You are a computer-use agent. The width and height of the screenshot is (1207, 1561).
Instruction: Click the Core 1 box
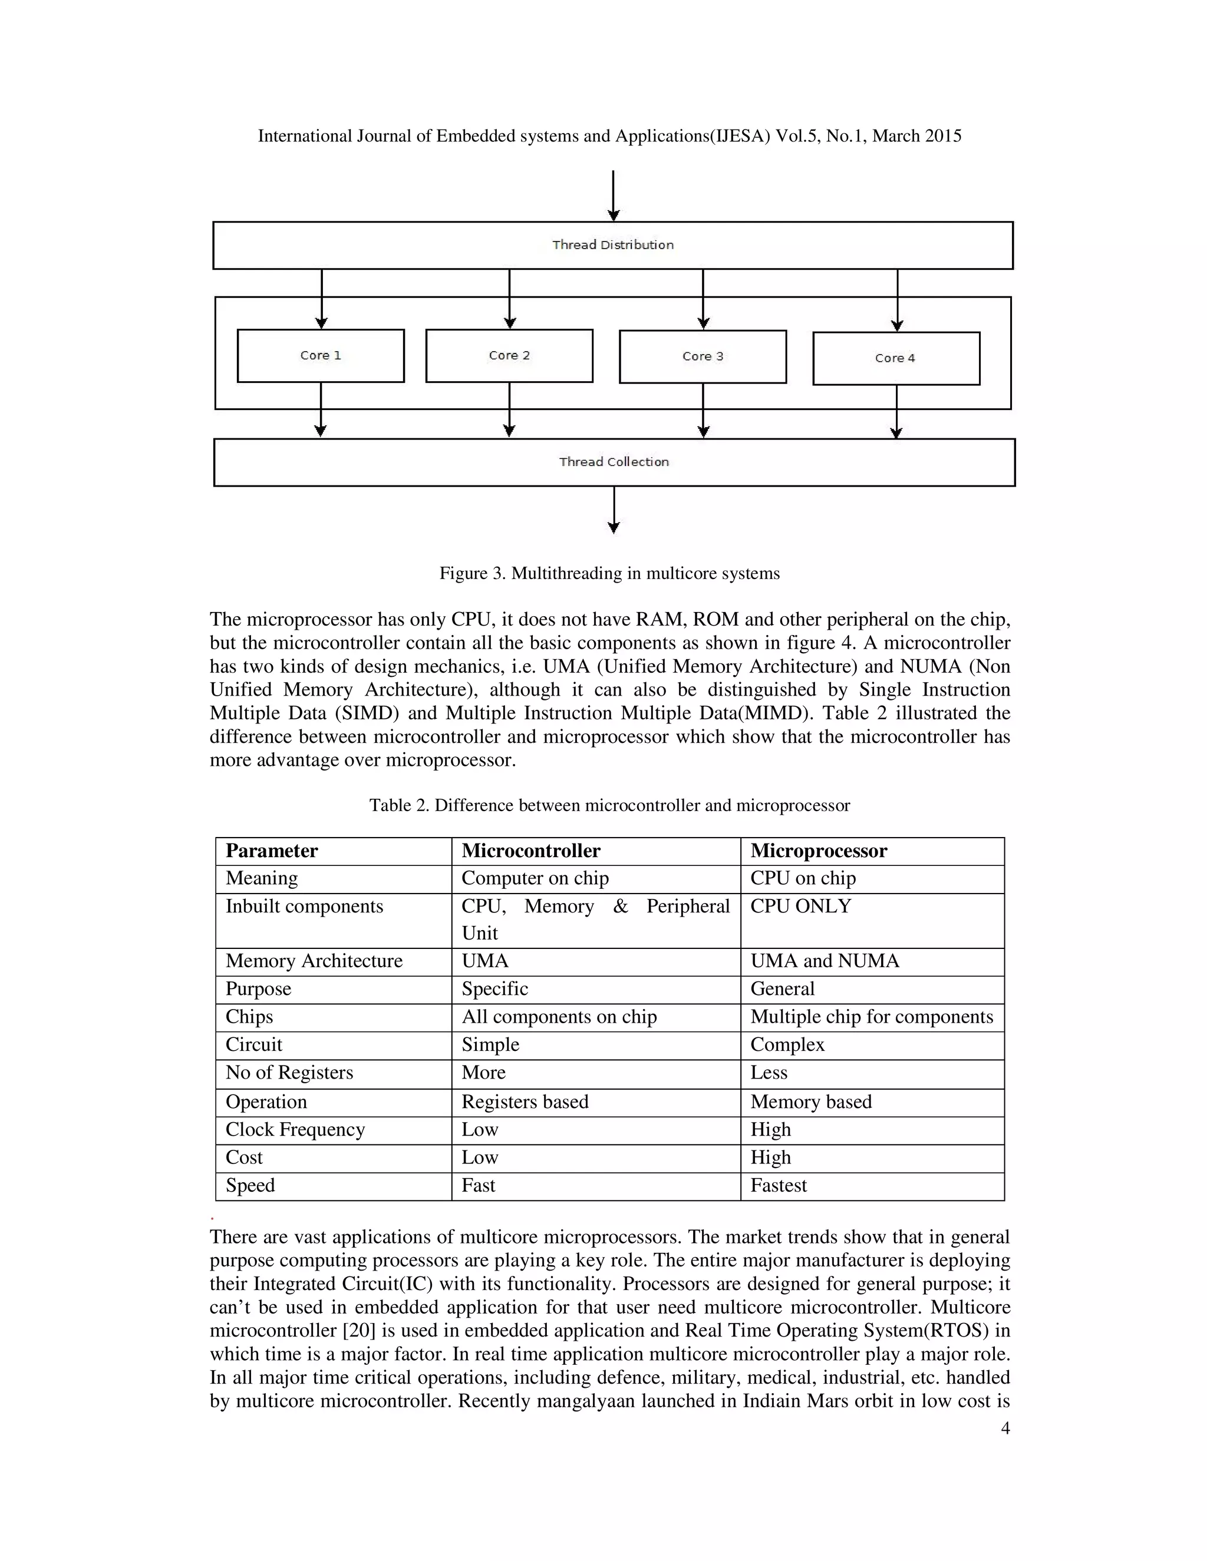click(321, 355)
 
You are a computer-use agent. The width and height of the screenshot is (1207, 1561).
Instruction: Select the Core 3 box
click(703, 356)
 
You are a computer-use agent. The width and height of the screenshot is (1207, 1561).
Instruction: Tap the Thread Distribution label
click(613, 245)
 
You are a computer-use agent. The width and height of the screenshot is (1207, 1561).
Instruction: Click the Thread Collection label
click(614, 462)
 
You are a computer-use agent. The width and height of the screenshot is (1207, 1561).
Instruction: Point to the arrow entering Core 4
click(898, 300)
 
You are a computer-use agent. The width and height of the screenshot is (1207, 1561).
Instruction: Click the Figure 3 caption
click(609, 573)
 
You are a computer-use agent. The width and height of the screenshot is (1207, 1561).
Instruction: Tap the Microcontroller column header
click(530, 851)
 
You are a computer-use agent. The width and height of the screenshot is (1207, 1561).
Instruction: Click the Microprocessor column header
click(819, 851)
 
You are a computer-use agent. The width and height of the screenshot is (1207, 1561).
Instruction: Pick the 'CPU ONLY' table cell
click(800, 907)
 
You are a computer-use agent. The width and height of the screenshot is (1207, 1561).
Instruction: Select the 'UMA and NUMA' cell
click(825, 961)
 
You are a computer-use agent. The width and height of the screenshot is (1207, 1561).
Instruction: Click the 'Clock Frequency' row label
click(295, 1129)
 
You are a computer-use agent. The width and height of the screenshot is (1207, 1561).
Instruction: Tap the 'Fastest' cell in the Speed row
click(778, 1185)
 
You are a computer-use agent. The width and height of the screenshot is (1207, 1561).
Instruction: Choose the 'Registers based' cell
click(525, 1102)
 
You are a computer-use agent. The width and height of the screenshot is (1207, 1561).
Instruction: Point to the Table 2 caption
click(609, 805)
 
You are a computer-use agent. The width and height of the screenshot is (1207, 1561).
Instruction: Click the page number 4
click(1005, 1428)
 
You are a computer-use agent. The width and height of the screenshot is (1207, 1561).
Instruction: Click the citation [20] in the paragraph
click(359, 1330)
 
